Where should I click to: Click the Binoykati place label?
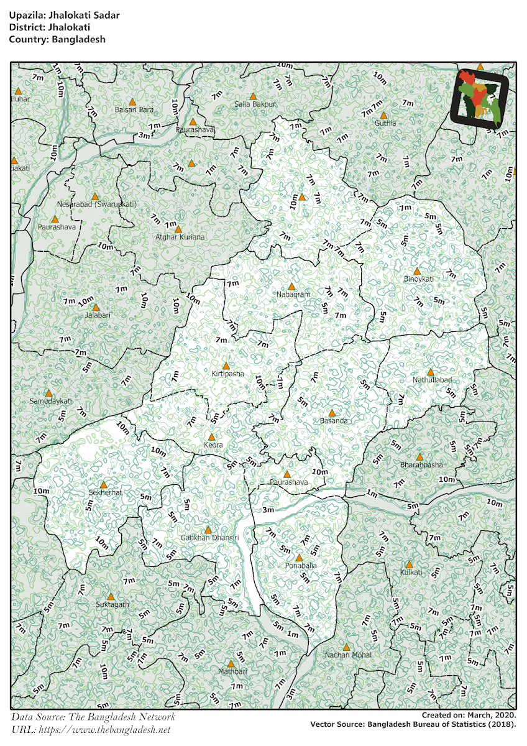coord(418,279)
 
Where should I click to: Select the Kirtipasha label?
coord(227,374)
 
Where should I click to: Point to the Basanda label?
coord(333,421)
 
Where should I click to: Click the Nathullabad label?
coord(431,380)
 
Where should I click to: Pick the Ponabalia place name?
coord(300,566)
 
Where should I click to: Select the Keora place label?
coord(213,445)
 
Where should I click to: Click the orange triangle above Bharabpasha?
coord(419,456)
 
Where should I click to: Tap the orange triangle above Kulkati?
coord(410,564)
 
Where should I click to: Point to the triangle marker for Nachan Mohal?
coord(347,647)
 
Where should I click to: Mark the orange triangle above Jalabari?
coord(96,307)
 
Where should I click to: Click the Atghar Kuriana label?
coord(179,237)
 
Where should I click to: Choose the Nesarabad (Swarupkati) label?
coord(96,204)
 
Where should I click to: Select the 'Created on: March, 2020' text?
coord(469,716)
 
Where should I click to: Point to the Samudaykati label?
coord(51,401)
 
